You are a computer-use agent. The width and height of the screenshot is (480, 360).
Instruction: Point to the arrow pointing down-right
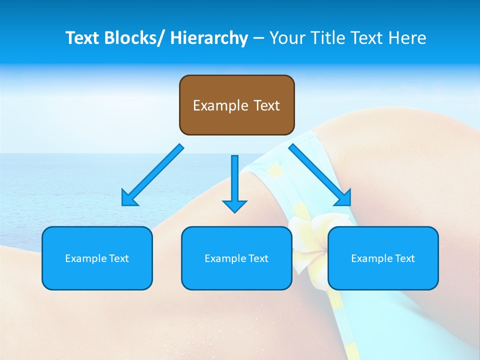pos(320,175)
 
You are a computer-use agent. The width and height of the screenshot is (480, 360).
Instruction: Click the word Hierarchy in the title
pos(209,38)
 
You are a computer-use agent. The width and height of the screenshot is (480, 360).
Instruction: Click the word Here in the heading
pos(407,38)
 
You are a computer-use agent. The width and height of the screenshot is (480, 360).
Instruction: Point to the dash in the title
pos(258,38)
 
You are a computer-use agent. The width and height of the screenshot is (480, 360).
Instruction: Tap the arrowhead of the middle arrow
pos(234,205)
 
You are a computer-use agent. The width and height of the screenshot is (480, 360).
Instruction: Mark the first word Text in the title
pos(83,38)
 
